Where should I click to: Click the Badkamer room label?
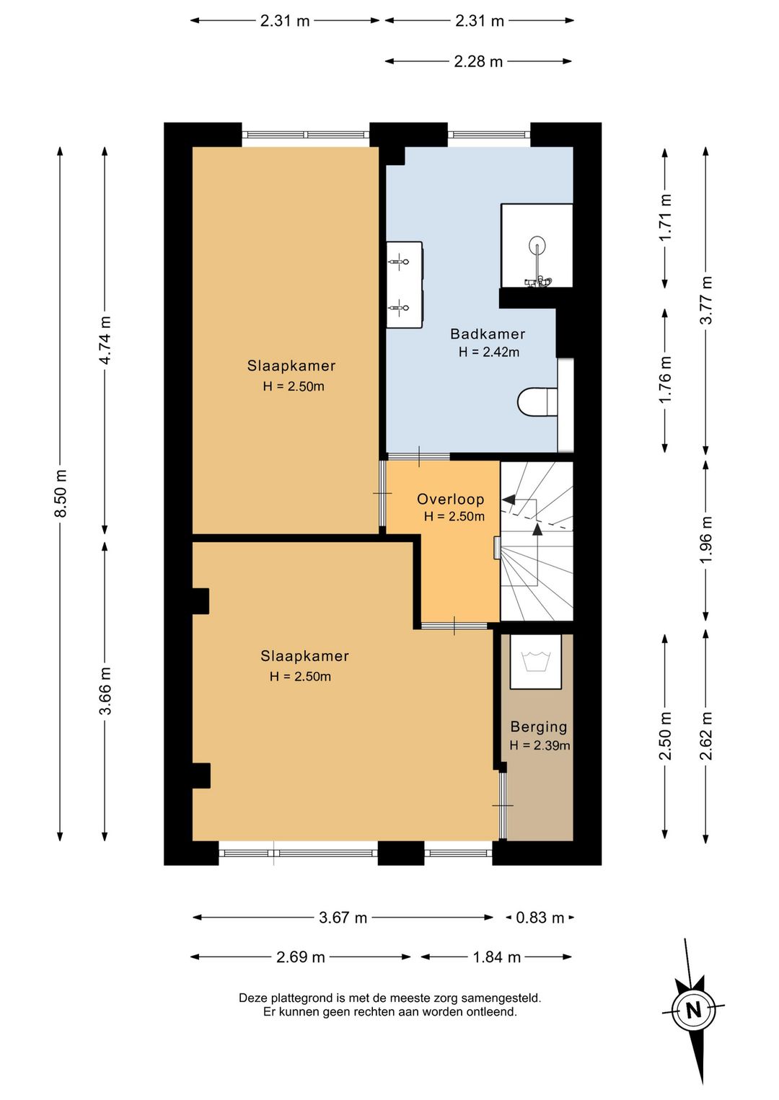(x=488, y=334)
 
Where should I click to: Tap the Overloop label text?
(x=451, y=500)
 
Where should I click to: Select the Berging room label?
(x=539, y=727)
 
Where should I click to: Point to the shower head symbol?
(x=536, y=244)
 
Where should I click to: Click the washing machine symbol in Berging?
(x=535, y=661)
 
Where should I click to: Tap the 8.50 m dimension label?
(x=61, y=493)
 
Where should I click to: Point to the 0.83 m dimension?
(x=540, y=917)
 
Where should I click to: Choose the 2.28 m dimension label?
(x=478, y=61)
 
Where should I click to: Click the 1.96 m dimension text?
(x=705, y=540)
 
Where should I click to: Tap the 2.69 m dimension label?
(x=300, y=957)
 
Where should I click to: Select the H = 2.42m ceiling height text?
(x=488, y=352)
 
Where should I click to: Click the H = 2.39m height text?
(x=540, y=745)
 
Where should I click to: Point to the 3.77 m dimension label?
(x=705, y=300)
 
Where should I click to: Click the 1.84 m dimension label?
(x=496, y=957)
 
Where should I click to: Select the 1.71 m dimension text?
(x=665, y=217)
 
